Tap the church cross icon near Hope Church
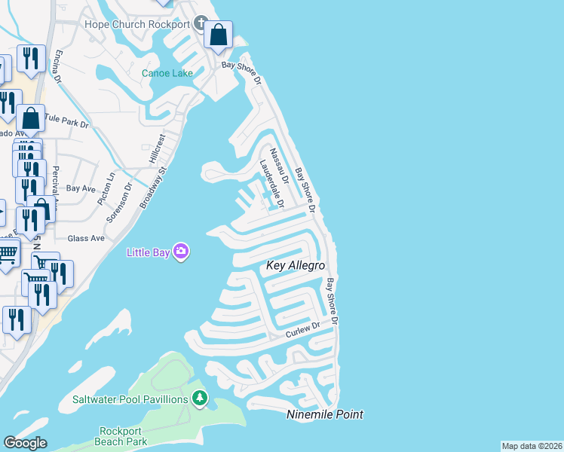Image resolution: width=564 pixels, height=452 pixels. [201, 23]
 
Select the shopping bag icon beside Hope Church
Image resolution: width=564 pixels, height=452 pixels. [218, 35]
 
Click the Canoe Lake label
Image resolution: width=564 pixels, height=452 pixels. [167, 73]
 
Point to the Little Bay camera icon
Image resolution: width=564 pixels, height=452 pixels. [180, 251]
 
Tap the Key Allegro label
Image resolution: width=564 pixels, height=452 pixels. [296, 266]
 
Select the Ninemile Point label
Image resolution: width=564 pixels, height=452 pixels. [325, 414]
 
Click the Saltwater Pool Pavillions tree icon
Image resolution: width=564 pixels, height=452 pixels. [199, 397]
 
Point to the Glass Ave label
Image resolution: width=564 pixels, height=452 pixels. [86, 238]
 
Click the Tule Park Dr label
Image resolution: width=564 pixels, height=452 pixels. [67, 119]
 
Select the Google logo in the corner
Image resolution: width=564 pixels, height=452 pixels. [25, 443]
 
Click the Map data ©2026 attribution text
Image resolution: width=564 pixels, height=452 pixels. [532, 446]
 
